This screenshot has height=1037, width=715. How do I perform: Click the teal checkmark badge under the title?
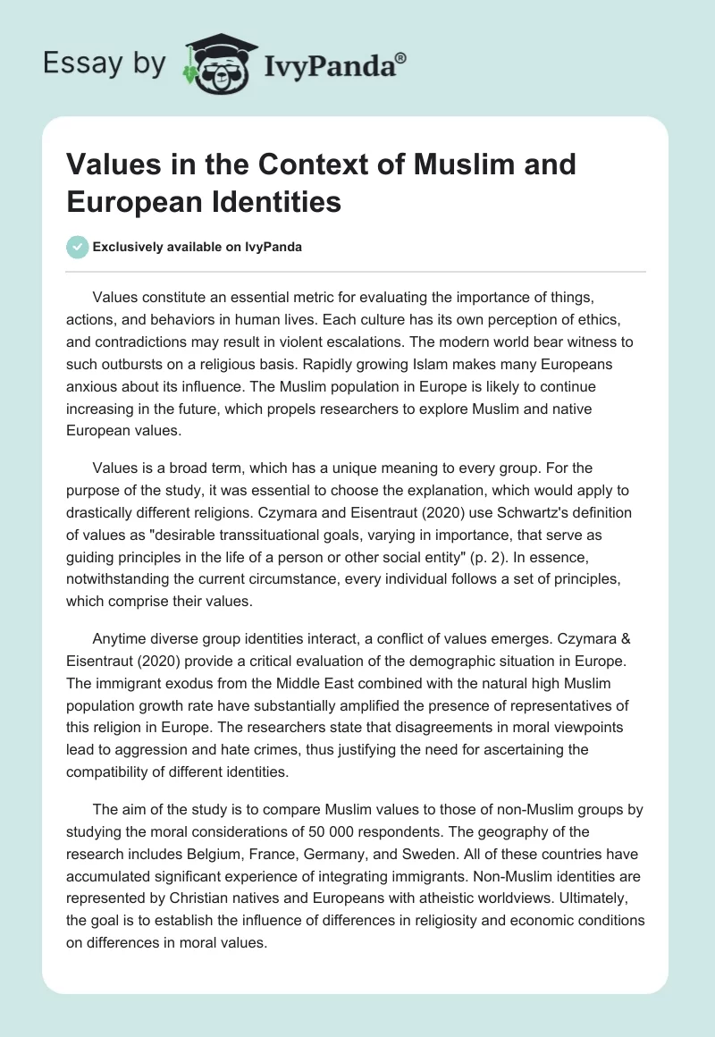[x=78, y=247]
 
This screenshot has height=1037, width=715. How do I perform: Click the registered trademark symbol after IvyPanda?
[x=401, y=56]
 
